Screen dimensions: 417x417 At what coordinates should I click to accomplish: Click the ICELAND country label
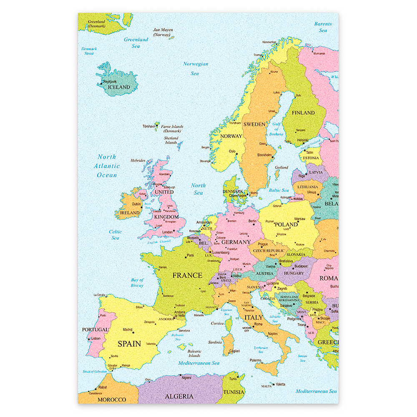pyautogui.click(x=119, y=87)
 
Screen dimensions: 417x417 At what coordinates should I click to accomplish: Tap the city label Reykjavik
pyautogui.click(x=110, y=82)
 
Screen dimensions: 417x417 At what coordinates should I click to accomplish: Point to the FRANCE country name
pyautogui.click(x=187, y=275)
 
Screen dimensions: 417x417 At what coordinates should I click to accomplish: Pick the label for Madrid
pyautogui.click(x=128, y=329)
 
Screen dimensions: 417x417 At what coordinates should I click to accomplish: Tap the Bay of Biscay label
pyautogui.click(x=137, y=283)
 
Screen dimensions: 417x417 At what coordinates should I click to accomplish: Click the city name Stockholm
pyautogui.click(x=264, y=155)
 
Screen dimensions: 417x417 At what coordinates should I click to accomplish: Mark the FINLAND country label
pyautogui.click(x=303, y=113)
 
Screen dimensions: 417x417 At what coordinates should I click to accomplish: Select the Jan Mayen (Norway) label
pyautogui.click(x=163, y=32)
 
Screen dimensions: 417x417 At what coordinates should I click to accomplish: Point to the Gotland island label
pyautogui.click(x=281, y=168)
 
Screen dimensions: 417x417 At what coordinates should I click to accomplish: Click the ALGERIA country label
pyautogui.click(x=179, y=396)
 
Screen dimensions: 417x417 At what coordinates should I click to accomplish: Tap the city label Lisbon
pyautogui.click(x=95, y=338)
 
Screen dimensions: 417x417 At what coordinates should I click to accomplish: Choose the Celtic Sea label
pyautogui.click(x=116, y=235)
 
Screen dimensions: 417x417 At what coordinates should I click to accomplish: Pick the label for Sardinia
pyautogui.click(x=215, y=342)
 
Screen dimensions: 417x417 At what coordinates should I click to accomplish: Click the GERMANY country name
pyautogui.click(x=236, y=242)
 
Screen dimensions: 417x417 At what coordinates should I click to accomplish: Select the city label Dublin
pyautogui.click(x=136, y=204)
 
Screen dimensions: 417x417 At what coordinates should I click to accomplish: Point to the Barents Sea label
pyautogui.click(x=323, y=27)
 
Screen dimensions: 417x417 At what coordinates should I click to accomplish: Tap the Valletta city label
pyautogui.click(x=281, y=384)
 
